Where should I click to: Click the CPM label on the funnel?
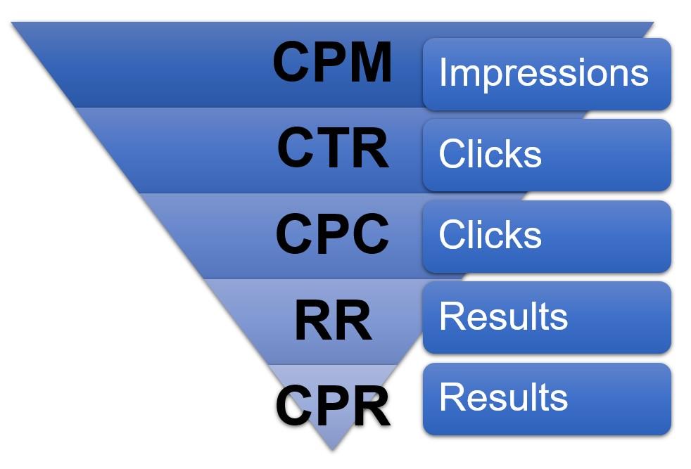click(332, 62)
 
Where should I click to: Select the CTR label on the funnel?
click(332, 148)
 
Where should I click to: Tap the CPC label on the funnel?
click(332, 233)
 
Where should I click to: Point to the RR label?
click(333, 321)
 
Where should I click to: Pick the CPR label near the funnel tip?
click(333, 406)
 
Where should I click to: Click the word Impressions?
click(543, 72)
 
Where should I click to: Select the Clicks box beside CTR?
click(547, 155)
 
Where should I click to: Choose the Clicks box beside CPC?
click(547, 236)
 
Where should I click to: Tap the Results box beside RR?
click(547, 317)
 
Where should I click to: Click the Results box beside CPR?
click(547, 399)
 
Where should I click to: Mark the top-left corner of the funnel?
click(13, 23)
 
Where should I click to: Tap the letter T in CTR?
click(333, 148)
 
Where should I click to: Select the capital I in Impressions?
click(443, 72)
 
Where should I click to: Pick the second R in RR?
click(353, 321)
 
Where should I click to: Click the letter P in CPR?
click(334, 406)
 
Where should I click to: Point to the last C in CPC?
click(369, 233)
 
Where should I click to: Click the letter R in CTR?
click(370, 148)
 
